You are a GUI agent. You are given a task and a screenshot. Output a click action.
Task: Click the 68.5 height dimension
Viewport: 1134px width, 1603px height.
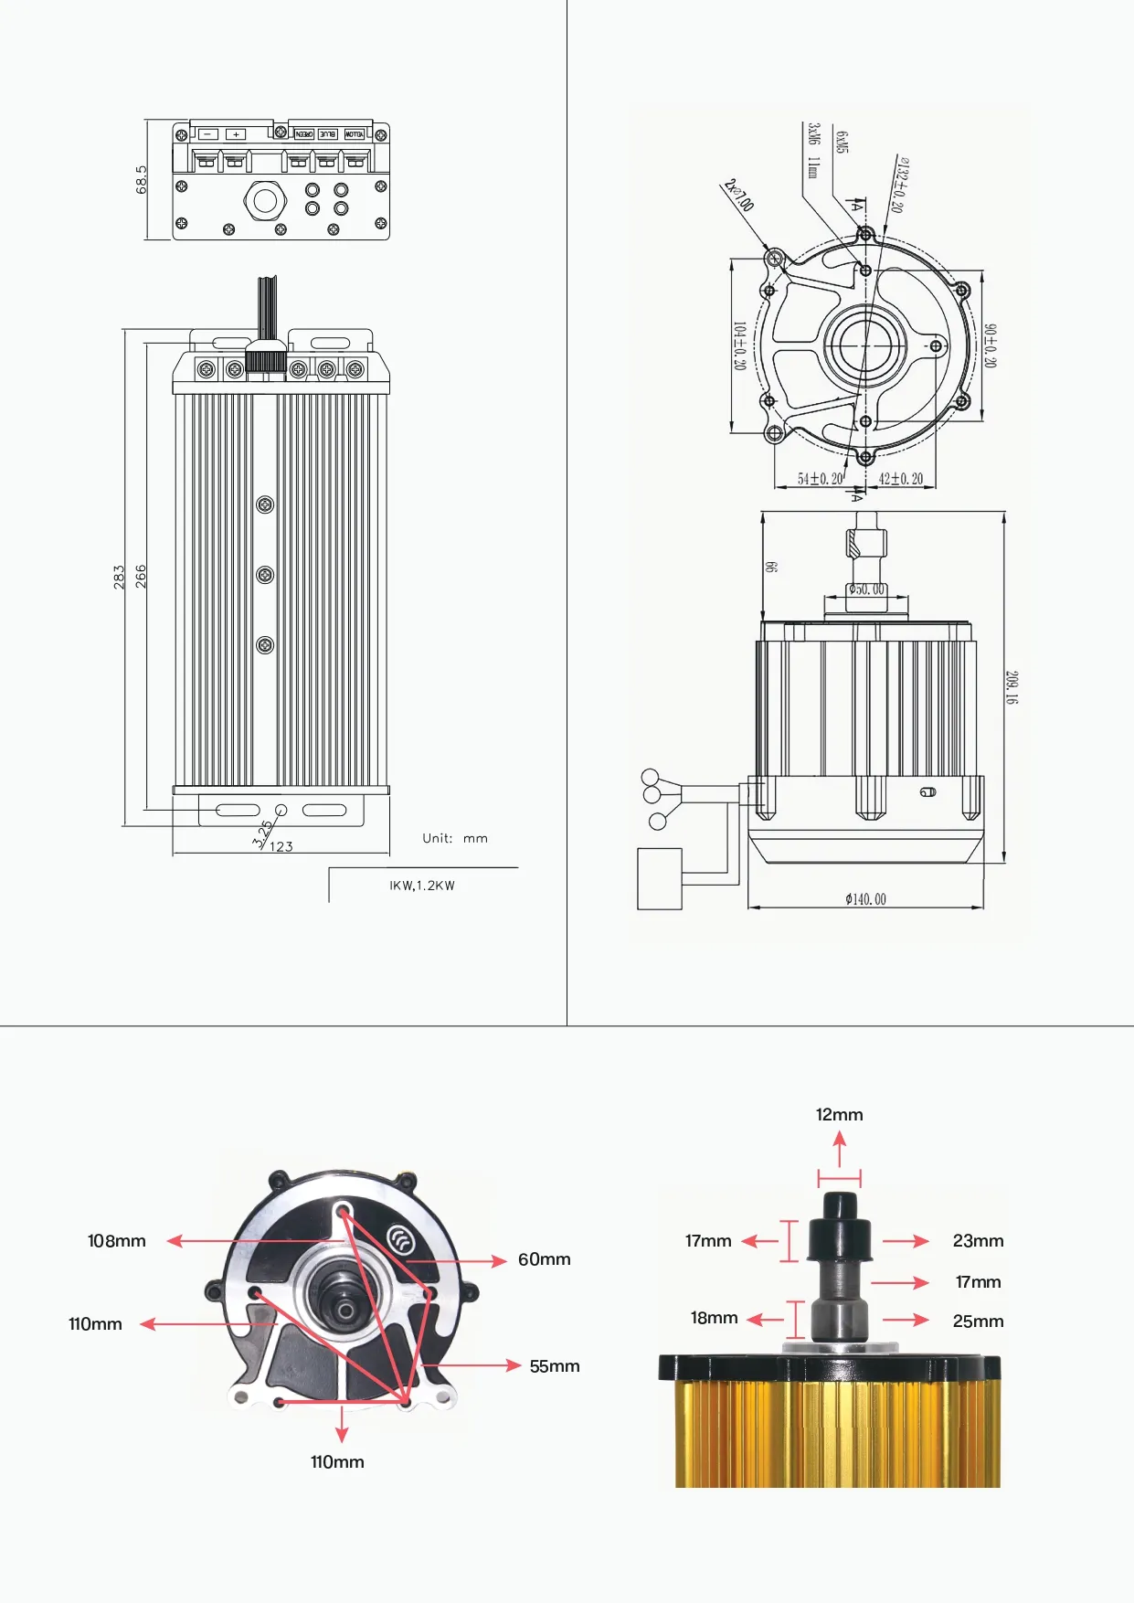pos(142,180)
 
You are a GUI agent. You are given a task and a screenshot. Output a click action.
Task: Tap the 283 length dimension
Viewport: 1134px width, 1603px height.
pos(119,576)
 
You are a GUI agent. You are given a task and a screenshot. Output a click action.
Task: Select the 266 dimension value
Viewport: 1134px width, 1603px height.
pos(141,576)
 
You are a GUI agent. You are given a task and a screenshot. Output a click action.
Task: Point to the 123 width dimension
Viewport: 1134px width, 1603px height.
pos(281,846)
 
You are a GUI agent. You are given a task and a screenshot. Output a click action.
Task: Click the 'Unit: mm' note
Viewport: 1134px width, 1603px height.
pos(455,838)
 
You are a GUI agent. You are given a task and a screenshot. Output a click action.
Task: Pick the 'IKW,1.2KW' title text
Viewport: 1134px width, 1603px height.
pos(422,886)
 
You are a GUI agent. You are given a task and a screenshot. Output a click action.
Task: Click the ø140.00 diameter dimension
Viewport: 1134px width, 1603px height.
pos(865,899)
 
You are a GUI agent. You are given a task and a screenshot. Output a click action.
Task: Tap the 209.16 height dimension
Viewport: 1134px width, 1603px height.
pos(1012,687)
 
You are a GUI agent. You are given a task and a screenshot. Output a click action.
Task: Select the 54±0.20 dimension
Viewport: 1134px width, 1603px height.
pos(820,479)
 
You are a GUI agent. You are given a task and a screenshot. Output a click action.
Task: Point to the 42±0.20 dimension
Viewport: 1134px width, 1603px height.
pos(900,479)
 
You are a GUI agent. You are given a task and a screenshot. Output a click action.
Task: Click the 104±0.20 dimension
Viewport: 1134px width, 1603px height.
pos(739,345)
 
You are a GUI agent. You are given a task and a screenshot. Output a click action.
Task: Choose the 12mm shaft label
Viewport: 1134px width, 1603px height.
pos(839,1114)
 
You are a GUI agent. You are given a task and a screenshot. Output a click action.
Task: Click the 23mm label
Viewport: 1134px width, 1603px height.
pos(978,1240)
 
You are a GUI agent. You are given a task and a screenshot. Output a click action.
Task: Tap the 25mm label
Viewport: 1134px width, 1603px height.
pos(978,1321)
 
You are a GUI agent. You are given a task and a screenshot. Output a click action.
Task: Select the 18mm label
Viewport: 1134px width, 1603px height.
pos(714,1318)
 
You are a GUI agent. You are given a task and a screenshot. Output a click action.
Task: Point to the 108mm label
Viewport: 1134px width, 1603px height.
pos(116,1240)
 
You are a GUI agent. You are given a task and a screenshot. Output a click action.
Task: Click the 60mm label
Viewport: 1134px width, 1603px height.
pos(544,1259)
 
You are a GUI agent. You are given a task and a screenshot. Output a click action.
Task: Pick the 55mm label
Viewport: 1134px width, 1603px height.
pos(555,1366)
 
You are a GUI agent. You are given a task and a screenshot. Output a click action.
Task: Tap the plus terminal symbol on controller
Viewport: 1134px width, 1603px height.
pos(236,134)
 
